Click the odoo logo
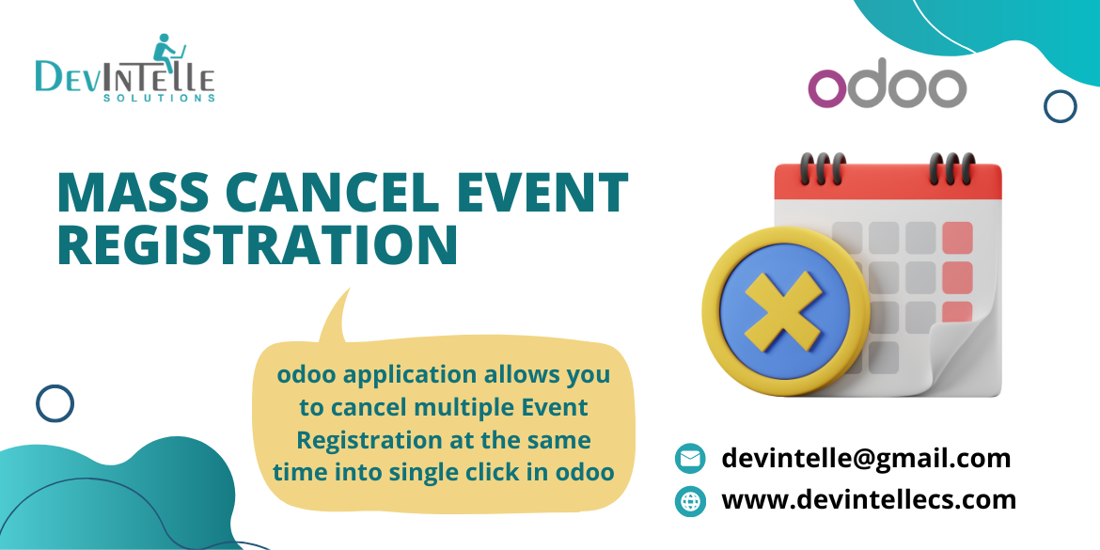point(887,88)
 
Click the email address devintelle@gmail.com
point(866,459)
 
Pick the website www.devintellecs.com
point(868,499)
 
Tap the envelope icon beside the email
point(690,459)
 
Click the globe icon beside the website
point(690,500)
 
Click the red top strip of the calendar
point(888,183)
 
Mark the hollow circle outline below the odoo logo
point(1061,106)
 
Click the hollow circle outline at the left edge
point(55,403)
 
